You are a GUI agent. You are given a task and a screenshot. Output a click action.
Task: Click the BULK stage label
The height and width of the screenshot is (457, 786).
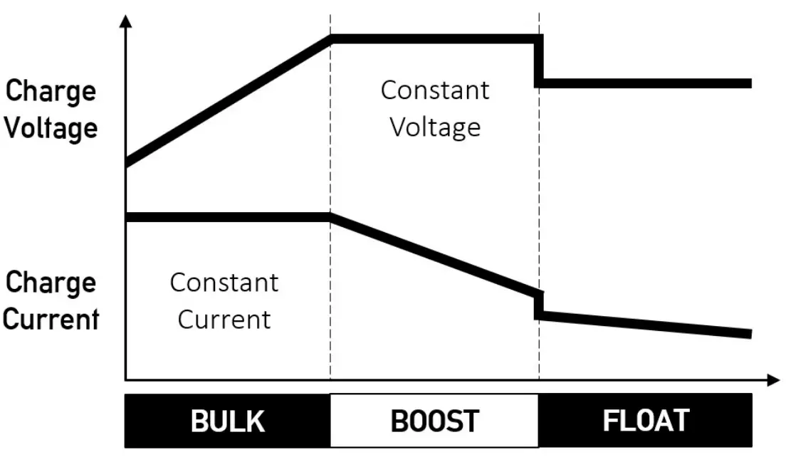[227, 421]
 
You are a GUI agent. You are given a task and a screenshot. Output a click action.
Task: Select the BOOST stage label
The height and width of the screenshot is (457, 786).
[434, 421]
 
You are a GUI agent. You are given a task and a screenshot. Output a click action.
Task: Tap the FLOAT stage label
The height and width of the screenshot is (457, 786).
[646, 420]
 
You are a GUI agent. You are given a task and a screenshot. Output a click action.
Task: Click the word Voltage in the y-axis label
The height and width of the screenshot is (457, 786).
[51, 129]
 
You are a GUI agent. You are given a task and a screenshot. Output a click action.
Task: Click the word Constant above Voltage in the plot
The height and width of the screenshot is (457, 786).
[435, 90]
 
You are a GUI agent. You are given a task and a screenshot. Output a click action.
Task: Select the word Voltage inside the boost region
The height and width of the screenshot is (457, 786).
[435, 127]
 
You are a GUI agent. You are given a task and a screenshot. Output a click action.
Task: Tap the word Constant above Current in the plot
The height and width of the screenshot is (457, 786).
[224, 283]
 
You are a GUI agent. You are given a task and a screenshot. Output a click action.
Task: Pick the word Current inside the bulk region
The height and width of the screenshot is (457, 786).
[224, 319]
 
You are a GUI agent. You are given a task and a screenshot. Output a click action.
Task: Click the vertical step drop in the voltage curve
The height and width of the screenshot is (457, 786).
[539, 62]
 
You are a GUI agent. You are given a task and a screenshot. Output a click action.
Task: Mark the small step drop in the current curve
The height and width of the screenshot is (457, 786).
[539, 304]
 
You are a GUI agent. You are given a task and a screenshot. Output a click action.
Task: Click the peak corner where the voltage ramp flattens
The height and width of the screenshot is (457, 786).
[331, 39]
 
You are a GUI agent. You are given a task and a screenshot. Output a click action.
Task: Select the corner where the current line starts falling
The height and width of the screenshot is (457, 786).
[331, 216]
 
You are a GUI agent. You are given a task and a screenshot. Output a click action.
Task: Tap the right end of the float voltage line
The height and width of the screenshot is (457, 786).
[749, 83]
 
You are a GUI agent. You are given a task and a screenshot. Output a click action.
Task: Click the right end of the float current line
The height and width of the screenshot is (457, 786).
[749, 333]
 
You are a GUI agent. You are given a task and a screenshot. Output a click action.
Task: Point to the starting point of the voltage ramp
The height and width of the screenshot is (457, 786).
[127, 163]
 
